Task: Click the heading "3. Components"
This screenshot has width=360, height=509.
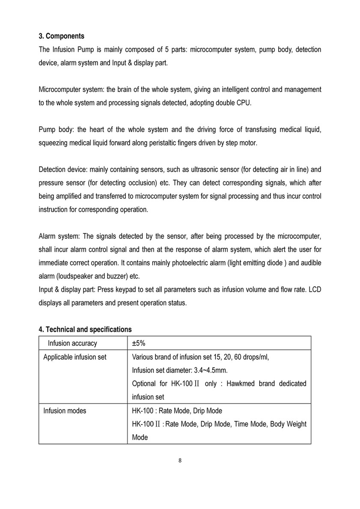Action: pyautogui.click(x=61, y=36)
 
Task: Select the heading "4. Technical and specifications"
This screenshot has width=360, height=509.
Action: pyautogui.click(x=85, y=329)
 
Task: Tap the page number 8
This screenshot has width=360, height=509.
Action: pyautogui.click(x=180, y=461)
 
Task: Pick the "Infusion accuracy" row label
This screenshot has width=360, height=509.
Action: pyautogui.click(x=72, y=343)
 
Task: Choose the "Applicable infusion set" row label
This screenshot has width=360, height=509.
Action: pyautogui.click(x=75, y=357)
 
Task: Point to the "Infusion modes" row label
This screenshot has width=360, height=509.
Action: pyautogui.click(x=65, y=411)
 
